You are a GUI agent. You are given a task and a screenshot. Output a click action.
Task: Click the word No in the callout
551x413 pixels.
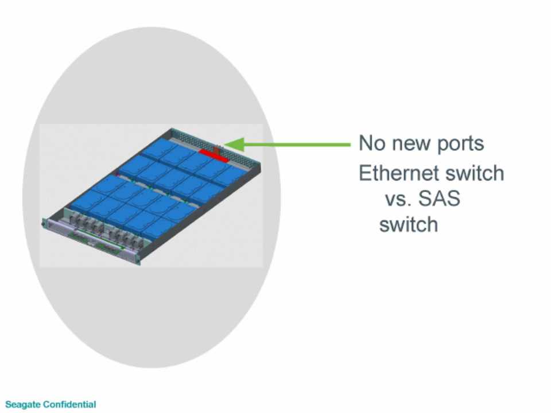point(372,143)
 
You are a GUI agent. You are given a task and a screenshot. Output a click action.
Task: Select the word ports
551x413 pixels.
point(460,145)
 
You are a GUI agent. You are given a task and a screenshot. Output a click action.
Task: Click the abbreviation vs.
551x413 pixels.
point(398,200)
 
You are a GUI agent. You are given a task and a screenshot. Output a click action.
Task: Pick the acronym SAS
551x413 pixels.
point(439,198)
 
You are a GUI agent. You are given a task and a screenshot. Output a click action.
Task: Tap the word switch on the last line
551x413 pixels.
point(409,224)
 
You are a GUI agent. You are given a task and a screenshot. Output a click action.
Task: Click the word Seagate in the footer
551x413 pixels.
point(23,404)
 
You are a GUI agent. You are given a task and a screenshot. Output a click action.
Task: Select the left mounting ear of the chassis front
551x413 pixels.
point(44,223)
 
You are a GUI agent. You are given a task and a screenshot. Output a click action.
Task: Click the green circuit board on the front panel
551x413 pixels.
point(96,241)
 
